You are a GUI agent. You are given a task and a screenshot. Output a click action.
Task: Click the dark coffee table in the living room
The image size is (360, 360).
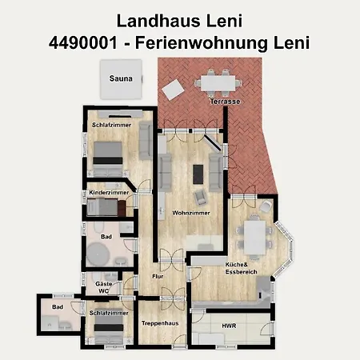point(198,173)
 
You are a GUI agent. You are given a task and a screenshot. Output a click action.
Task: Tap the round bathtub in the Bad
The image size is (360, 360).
point(100,255)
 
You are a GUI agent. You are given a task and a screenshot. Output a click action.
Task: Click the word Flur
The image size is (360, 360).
point(158,277)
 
